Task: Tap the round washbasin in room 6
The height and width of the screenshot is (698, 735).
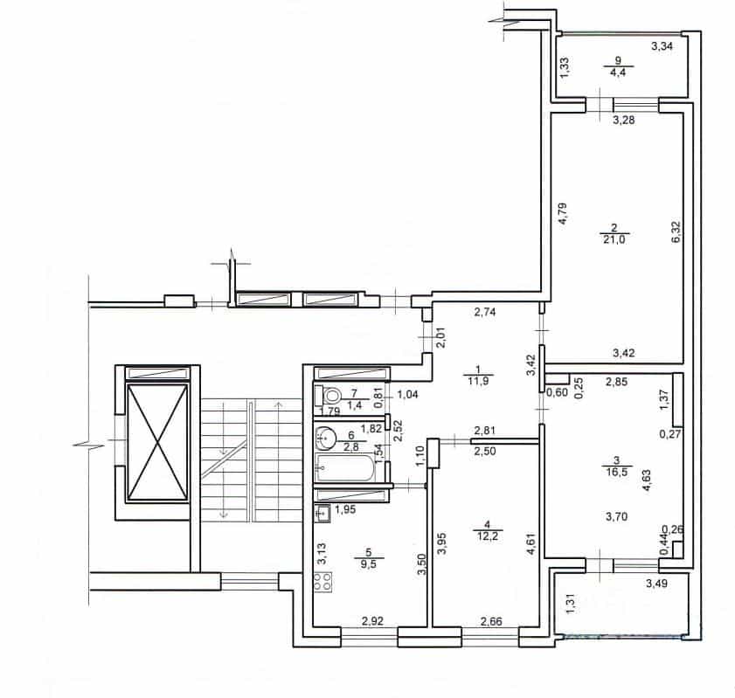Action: [x=325, y=438]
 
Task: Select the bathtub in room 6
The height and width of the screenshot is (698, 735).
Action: [x=345, y=466]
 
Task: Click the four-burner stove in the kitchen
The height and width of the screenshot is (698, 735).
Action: [x=323, y=582]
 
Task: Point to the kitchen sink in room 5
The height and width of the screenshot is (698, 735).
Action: [x=323, y=514]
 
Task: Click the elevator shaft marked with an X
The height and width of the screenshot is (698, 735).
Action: [x=157, y=442]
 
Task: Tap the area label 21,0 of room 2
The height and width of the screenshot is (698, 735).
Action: [x=614, y=240]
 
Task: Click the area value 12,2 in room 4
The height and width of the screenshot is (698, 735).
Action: [x=488, y=536]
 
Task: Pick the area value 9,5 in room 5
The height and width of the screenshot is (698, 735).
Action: [x=369, y=564]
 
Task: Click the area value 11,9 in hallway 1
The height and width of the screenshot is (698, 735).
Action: [x=478, y=381]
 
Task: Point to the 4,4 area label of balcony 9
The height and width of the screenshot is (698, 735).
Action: [x=618, y=73]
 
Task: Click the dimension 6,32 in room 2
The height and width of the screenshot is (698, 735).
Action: [x=676, y=232]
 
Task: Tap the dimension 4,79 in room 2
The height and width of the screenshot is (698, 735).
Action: [x=563, y=213]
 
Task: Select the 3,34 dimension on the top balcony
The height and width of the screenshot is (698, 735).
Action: [x=662, y=46]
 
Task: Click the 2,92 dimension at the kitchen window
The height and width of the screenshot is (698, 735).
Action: [x=372, y=622]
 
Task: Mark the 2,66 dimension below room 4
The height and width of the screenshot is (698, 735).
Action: [x=491, y=622]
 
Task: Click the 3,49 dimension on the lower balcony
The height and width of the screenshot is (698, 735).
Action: [x=656, y=584]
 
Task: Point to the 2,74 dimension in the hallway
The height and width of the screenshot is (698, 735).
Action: [x=485, y=312]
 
